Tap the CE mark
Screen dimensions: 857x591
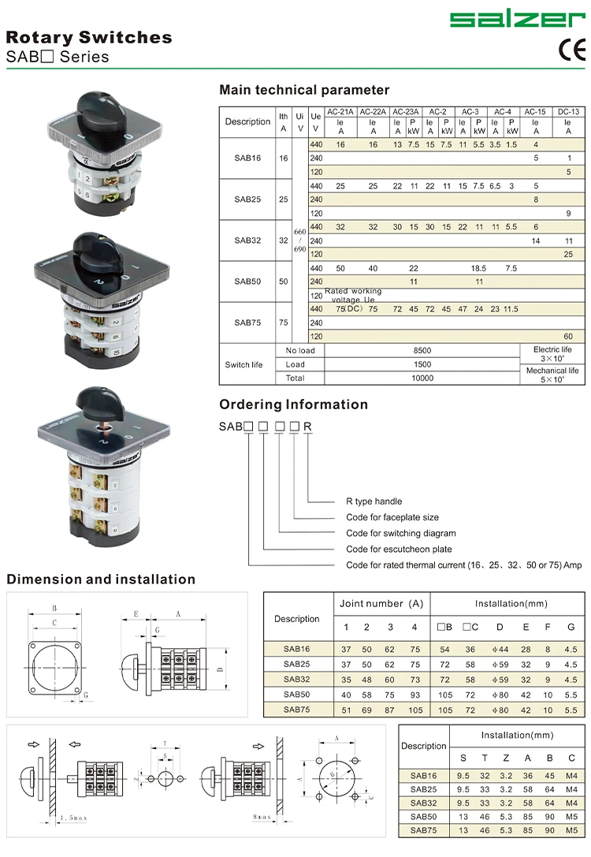(x=572, y=50)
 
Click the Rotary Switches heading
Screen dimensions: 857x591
(x=89, y=37)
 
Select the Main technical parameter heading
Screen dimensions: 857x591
(x=304, y=90)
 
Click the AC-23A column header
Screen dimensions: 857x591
(x=406, y=112)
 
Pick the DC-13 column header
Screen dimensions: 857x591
(x=568, y=112)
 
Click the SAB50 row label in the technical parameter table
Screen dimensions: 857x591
(x=247, y=281)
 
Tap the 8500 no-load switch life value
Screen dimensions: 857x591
(x=422, y=350)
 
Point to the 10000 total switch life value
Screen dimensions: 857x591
(x=422, y=378)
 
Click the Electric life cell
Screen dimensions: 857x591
(x=552, y=353)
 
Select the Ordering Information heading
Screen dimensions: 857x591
(x=293, y=404)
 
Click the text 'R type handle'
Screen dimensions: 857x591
(x=374, y=501)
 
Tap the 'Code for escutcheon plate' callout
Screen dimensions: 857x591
(x=399, y=549)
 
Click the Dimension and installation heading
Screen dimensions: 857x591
(x=101, y=579)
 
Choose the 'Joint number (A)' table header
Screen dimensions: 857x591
(x=381, y=604)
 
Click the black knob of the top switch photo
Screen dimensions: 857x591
(x=103, y=115)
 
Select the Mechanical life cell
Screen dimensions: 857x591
(x=552, y=374)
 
